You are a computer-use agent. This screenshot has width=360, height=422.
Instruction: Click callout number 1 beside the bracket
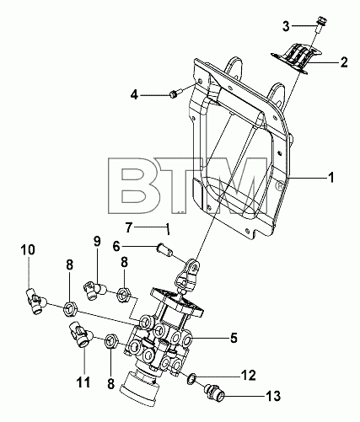[331, 178]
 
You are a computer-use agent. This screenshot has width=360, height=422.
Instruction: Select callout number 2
[344, 62]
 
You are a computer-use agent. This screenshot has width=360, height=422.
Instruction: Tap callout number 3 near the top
[286, 26]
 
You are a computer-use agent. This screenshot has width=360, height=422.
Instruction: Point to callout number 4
[134, 95]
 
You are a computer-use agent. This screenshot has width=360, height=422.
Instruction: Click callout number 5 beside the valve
[234, 338]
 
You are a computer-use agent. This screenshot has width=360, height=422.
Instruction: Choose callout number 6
[116, 247]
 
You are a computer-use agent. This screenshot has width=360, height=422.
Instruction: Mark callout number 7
[129, 227]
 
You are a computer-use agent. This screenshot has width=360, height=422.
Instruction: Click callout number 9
[97, 241]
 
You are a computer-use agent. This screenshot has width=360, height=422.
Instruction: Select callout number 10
[28, 249]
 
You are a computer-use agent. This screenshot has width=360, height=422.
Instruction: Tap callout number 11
[84, 382]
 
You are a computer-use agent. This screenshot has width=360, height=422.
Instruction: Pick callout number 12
[248, 376]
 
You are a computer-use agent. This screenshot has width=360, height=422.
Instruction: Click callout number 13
[272, 396]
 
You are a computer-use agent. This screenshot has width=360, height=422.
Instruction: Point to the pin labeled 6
[164, 249]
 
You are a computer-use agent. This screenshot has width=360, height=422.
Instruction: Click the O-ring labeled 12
[191, 378]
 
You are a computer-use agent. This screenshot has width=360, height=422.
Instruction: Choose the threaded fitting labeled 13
[215, 393]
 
